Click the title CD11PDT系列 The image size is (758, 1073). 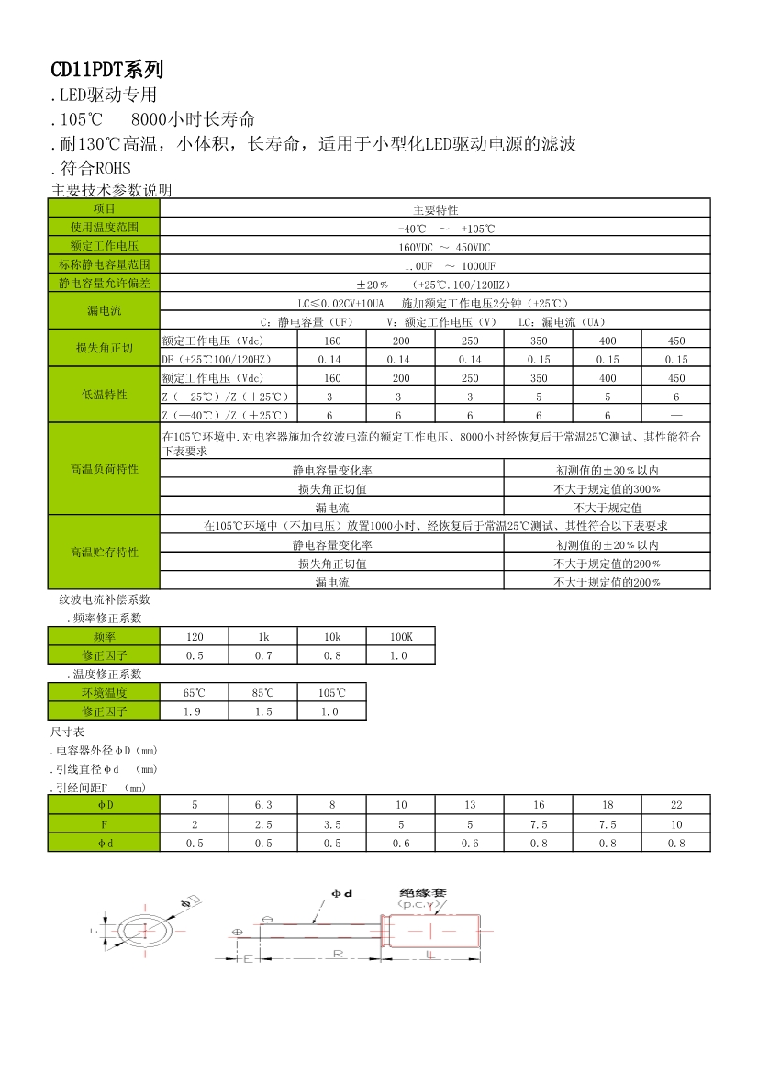106,69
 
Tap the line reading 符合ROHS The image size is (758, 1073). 92,168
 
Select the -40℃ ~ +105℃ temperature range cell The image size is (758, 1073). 435,228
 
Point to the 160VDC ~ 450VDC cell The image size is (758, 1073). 435,247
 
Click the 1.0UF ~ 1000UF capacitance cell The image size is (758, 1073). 435,265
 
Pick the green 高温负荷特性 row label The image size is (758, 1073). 104,469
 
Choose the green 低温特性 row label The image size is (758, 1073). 104,395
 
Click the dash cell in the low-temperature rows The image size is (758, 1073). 676,415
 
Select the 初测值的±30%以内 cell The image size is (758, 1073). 607,469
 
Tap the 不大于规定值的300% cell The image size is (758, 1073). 607,488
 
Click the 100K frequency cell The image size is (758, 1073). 401,636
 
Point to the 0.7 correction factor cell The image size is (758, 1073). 263,655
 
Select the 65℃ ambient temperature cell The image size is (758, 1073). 195,693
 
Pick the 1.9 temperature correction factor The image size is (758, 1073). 195,711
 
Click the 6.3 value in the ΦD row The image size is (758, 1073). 263,805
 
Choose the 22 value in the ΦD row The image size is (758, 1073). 676,805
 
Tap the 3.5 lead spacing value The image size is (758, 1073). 332,824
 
